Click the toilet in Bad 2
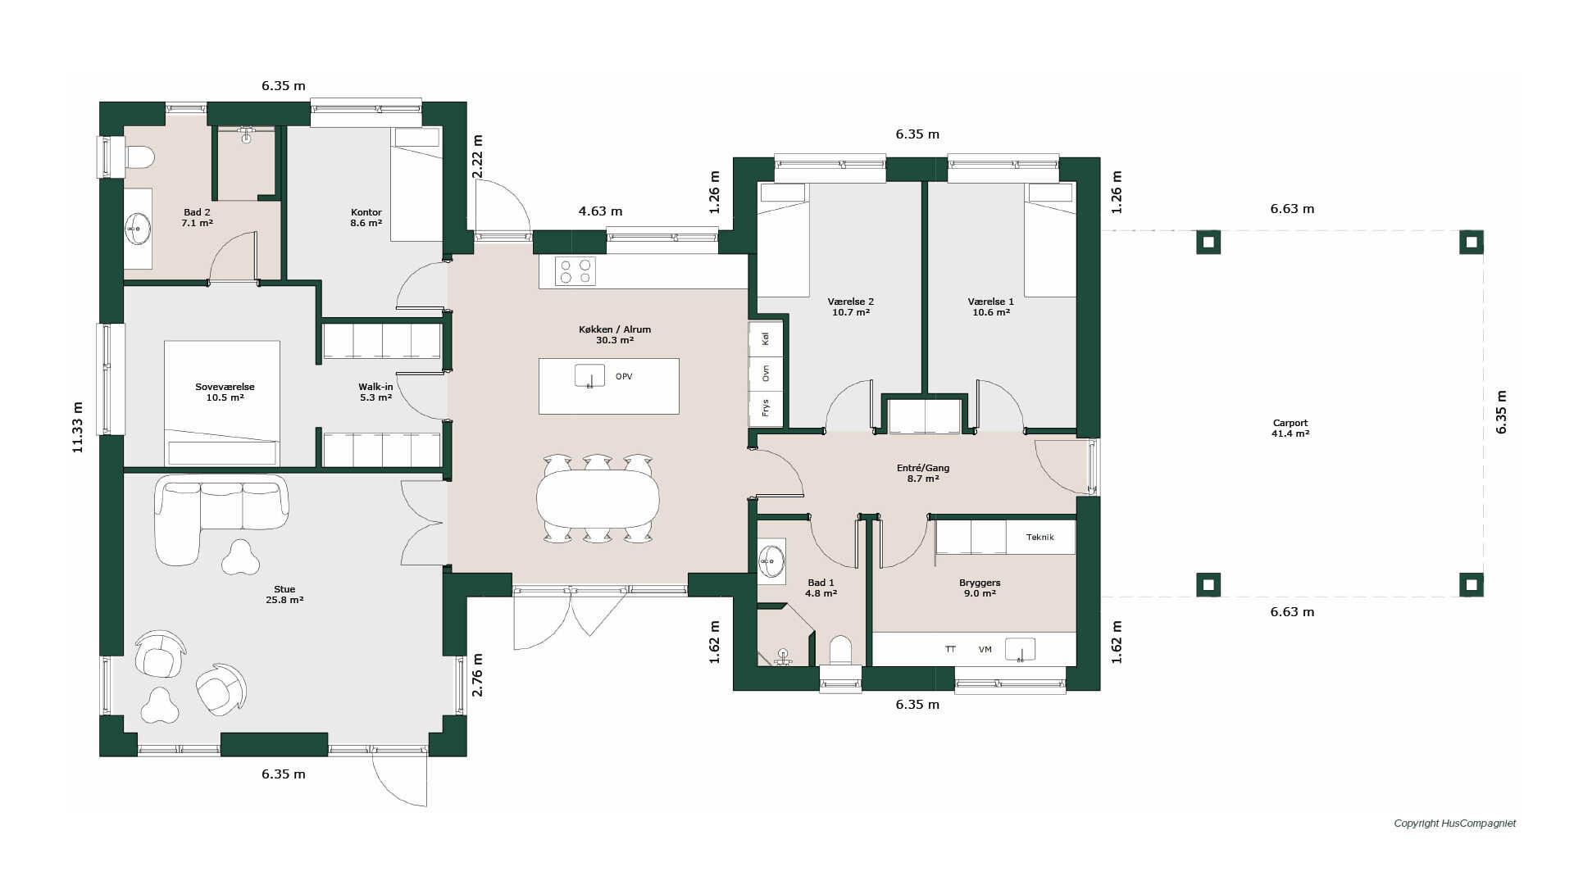(x=139, y=157)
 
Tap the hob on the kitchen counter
(x=575, y=271)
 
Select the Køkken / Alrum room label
(x=615, y=334)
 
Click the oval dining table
(x=598, y=499)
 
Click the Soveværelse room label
(x=225, y=392)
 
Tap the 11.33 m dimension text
(x=78, y=427)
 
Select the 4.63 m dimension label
(x=600, y=211)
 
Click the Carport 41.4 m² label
(x=1290, y=429)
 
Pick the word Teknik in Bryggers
(x=1039, y=538)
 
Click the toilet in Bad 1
(x=841, y=651)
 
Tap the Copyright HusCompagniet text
(x=1455, y=824)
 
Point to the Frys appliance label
(x=766, y=408)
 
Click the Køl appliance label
(x=766, y=338)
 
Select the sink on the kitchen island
(x=589, y=376)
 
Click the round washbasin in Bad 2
(x=138, y=228)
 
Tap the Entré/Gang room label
(x=923, y=473)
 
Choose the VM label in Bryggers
(x=985, y=650)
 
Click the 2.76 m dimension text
(x=477, y=675)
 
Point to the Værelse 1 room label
(x=990, y=306)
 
